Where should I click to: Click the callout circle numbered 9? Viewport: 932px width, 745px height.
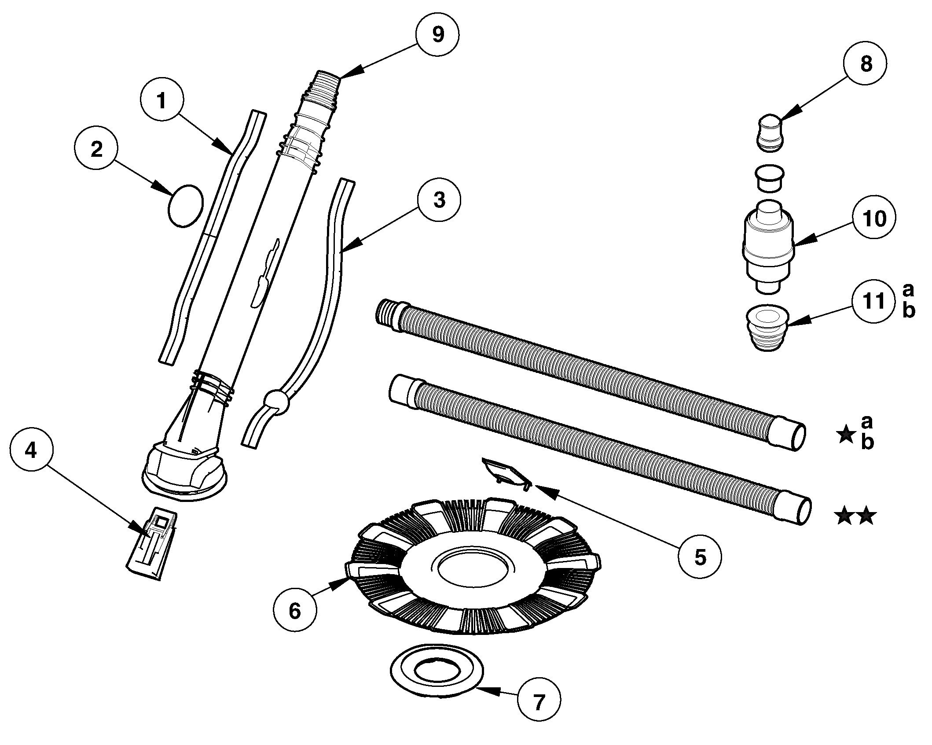pyautogui.click(x=437, y=35)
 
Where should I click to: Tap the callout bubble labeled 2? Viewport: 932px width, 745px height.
pyautogui.click(x=96, y=150)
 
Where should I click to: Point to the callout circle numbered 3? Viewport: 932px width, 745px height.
pyautogui.click(x=439, y=200)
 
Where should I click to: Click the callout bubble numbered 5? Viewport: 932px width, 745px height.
pyautogui.click(x=699, y=557)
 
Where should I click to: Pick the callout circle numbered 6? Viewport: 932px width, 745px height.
pyautogui.click(x=294, y=611)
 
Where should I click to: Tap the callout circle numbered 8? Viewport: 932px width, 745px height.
pyautogui.click(x=865, y=64)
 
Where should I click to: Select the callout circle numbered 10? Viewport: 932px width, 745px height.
pyautogui.click(x=874, y=219)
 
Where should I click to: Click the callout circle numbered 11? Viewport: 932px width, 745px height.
pyautogui.click(x=873, y=302)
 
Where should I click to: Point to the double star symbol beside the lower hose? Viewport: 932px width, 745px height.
pyautogui.click(x=855, y=516)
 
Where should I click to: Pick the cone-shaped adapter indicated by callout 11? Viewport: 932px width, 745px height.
pyautogui.click(x=768, y=327)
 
